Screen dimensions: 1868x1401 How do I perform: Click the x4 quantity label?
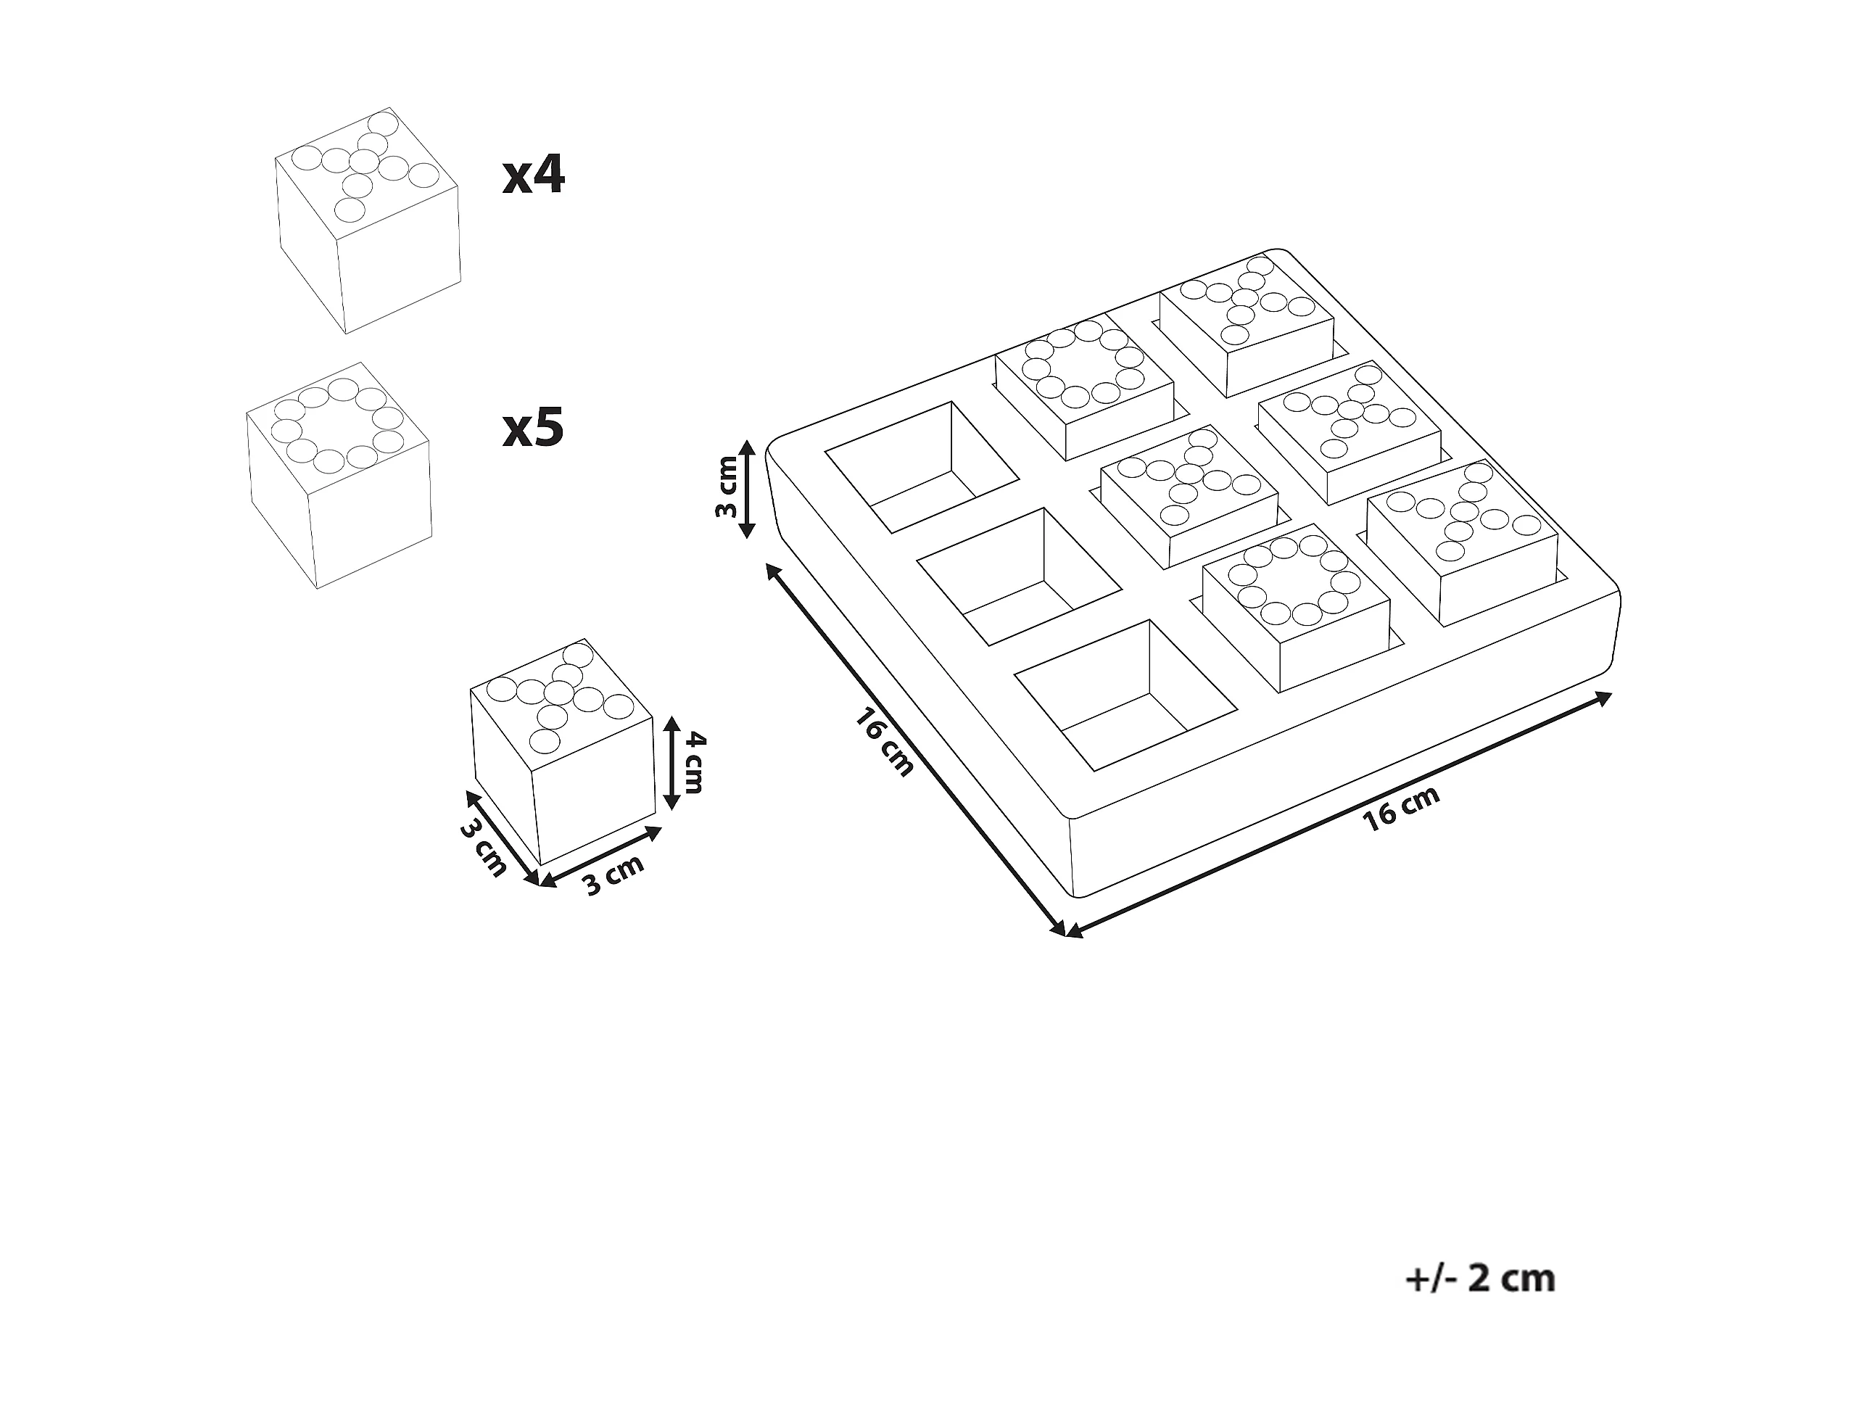pos(533,175)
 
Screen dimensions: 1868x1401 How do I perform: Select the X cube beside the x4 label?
pos(368,221)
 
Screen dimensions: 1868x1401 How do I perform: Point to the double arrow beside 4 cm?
pos(671,763)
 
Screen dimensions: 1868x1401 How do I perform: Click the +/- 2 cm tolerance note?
pos(1479,1278)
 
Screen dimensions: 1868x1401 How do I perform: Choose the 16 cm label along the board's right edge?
pos(1402,807)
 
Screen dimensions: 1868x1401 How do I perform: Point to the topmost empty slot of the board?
pos(922,466)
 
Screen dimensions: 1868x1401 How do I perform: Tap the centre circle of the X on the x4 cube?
pos(365,160)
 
